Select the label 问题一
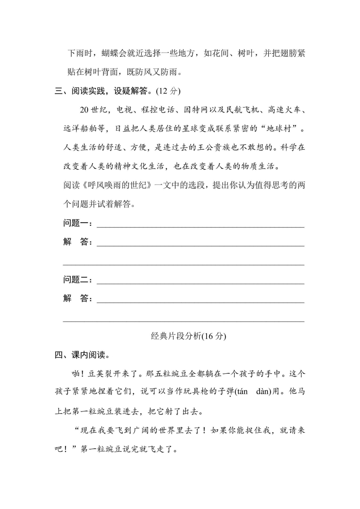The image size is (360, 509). [x=77, y=223]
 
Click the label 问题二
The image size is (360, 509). [x=77, y=280]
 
